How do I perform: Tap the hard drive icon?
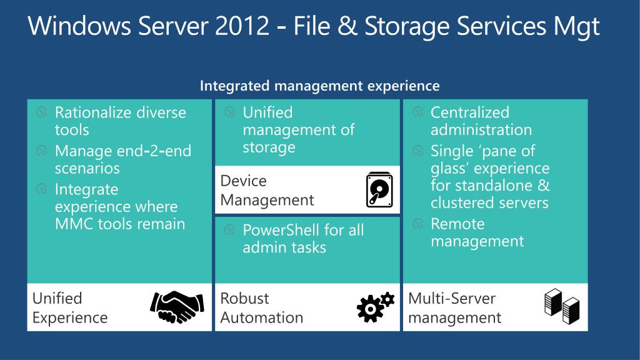[379, 189]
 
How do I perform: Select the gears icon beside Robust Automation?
[375, 306]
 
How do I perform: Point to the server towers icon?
[562, 306]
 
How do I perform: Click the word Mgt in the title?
[576, 27]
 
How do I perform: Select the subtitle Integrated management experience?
[319, 86]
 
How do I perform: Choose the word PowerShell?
[281, 230]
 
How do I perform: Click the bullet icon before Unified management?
[229, 112]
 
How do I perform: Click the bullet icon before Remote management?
[417, 224]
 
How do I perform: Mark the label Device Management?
[267, 191]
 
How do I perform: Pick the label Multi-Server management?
[454, 307]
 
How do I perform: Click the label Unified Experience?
[69, 307]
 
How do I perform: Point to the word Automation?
[261, 317]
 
